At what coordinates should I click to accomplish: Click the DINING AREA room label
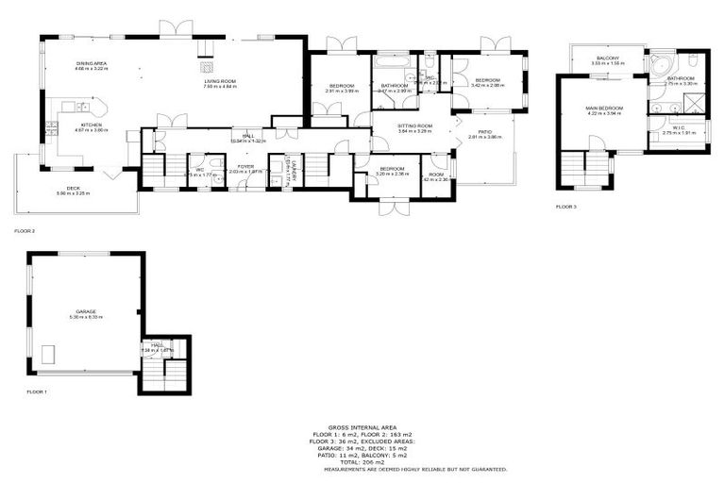pyautogui.click(x=92, y=64)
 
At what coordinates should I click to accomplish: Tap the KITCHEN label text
pyautogui.click(x=91, y=125)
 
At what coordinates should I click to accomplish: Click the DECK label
pyautogui.click(x=73, y=189)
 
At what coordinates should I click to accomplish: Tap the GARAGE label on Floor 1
pyautogui.click(x=87, y=312)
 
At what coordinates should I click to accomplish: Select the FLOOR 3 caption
pyautogui.click(x=565, y=206)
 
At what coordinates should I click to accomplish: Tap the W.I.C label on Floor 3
pyautogui.click(x=678, y=129)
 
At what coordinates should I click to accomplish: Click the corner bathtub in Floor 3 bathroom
pyautogui.click(x=660, y=64)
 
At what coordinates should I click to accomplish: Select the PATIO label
pyautogui.click(x=485, y=132)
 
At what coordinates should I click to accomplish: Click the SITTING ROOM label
pyautogui.click(x=413, y=126)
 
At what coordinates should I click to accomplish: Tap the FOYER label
pyautogui.click(x=246, y=167)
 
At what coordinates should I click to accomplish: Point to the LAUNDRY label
pyautogui.click(x=294, y=168)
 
